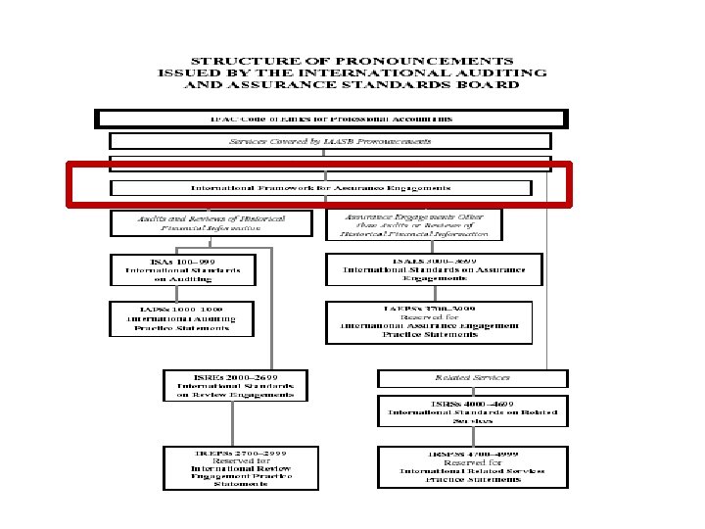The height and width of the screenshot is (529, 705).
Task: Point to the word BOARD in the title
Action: point(489,84)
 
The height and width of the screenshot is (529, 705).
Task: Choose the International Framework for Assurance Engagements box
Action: point(320,187)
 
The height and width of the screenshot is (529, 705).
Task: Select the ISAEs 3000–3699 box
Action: point(434,269)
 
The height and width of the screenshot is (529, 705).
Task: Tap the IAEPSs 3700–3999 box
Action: point(429,322)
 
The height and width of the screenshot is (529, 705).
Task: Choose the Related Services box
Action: point(472,377)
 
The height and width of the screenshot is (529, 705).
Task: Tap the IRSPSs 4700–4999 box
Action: point(473,465)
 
